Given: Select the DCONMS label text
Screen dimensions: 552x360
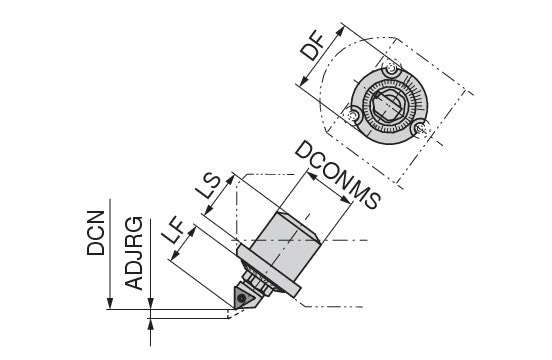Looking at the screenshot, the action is click(x=338, y=175).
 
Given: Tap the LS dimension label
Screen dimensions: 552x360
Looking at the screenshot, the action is click(x=208, y=187).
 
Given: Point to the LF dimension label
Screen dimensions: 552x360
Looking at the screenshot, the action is click(x=176, y=231).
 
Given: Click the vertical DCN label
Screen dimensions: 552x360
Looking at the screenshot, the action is click(x=96, y=233).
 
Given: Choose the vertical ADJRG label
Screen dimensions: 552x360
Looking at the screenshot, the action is click(x=134, y=253).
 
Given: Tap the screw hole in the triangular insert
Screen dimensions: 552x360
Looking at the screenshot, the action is click(x=242, y=298).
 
